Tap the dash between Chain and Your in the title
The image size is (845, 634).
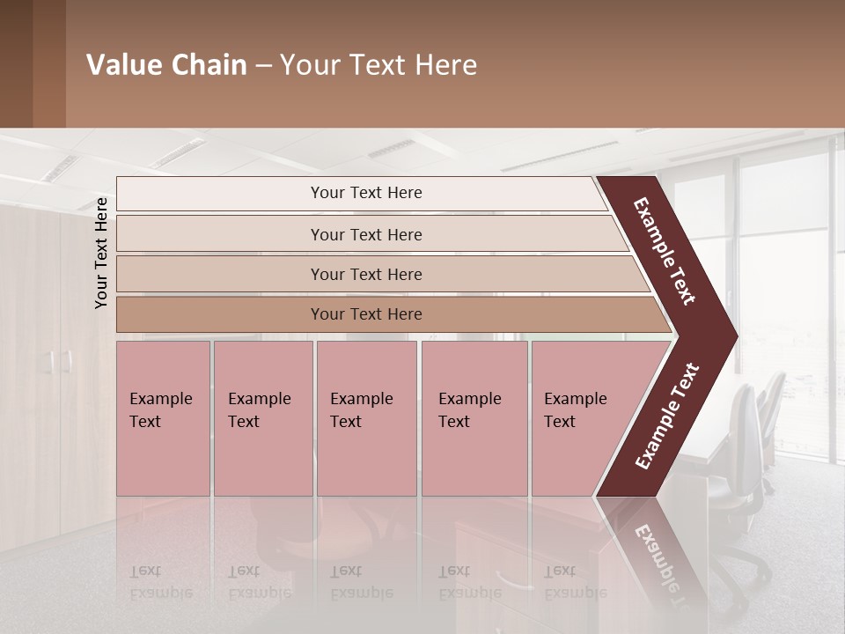(x=263, y=66)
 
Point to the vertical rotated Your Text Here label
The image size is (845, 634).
(x=101, y=253)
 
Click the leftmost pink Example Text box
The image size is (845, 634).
(x=164, y=418)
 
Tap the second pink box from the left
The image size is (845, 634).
(x=263, y=418)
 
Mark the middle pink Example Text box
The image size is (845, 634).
(x=366, y=418)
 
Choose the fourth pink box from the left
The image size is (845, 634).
(x=474, y=418)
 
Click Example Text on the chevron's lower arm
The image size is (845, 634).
(x=667, y=417)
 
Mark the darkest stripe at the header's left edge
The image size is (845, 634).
(x=16, y=63)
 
